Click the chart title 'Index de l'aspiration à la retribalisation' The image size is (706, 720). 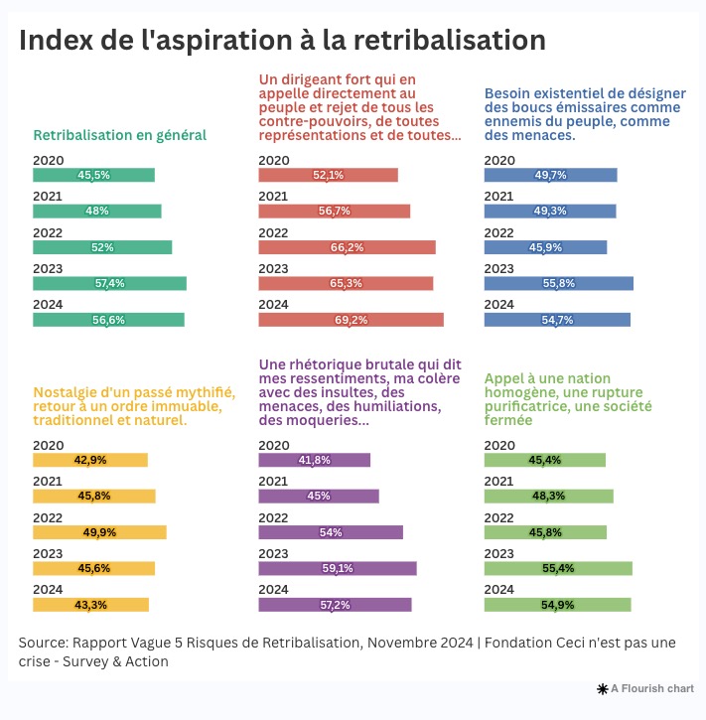pos(282,41)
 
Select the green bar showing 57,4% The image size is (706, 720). pos(109,283)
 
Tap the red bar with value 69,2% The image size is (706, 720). pos(351,320)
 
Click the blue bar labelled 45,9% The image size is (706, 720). pos(545,247)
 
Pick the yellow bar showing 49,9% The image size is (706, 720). pos(99,532)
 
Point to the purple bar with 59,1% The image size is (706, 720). pos(337,569)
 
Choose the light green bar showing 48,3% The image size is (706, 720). pos(548,496)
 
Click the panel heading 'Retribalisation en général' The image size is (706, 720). pos(119,135)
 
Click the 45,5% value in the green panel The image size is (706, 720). pos(93,176)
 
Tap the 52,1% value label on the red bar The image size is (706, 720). pos(328,176)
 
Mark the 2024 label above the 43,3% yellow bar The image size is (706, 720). pos(48,590)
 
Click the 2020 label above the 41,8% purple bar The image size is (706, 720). pos(273,446)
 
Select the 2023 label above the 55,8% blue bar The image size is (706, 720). pos(498,268)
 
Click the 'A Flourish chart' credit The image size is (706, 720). pos(644,688)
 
